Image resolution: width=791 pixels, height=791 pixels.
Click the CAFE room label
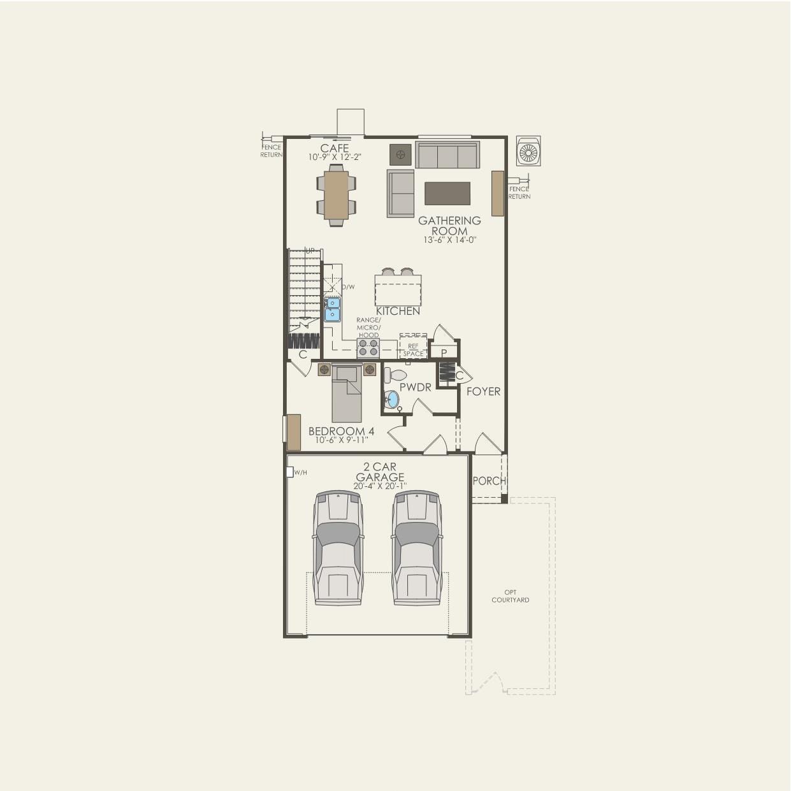(x=335, y=149)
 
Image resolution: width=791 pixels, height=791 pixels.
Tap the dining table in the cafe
(x=336, y=195)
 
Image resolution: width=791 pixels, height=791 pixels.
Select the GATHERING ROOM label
(x=449, y=226)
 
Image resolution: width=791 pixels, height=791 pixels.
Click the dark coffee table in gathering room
(x=447, y=193)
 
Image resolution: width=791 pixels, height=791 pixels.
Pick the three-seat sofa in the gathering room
(x=447, y=155)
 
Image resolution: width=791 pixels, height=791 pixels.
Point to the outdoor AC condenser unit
(x=528, y=152)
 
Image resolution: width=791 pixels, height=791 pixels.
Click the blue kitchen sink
(x=332, y=308)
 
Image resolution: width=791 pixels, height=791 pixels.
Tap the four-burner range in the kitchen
(x=368, y=347)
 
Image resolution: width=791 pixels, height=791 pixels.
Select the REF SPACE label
(x=413, y=350)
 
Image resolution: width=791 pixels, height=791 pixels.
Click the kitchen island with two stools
(x=398, y=290)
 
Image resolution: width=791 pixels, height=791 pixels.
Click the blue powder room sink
(x=392, y=400)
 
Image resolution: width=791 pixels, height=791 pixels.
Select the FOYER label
(x=483, y=391)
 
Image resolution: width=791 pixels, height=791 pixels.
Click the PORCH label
(x=489, y=481)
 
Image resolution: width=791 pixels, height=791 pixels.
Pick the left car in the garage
(x=338, y=548)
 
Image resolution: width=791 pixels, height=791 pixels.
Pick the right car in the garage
(x=417, y=548)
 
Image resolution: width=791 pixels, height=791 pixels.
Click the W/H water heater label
(x=300, y=472)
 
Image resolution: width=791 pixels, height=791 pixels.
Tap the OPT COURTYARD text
(x=510, y=596)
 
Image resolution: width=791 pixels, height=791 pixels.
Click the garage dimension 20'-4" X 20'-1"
(x=380, y=486)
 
